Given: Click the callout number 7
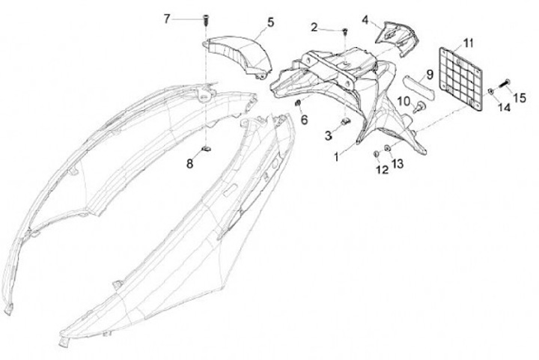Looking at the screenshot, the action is pyautogui.click(x=167, y=19).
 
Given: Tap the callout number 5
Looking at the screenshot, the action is pyautogui.click(x=270, y=22).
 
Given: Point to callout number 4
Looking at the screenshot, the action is pyautogui.click(x=365, y=19).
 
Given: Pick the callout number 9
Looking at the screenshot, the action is pyautogui.click(x=430, y=74).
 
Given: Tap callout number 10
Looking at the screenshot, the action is pyautogui.click(x=403, y=101).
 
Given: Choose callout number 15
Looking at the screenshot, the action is pyautogui.click(x=519, y=97).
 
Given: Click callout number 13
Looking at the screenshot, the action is pyautogui.click(x=398, y=163).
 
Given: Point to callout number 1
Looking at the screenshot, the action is pyautogui.click(x=337, y=157).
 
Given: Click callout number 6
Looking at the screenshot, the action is pyautogui.click(x=304, y=120).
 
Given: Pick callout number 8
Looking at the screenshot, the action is pyautogui.click(x=189, y=162).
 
